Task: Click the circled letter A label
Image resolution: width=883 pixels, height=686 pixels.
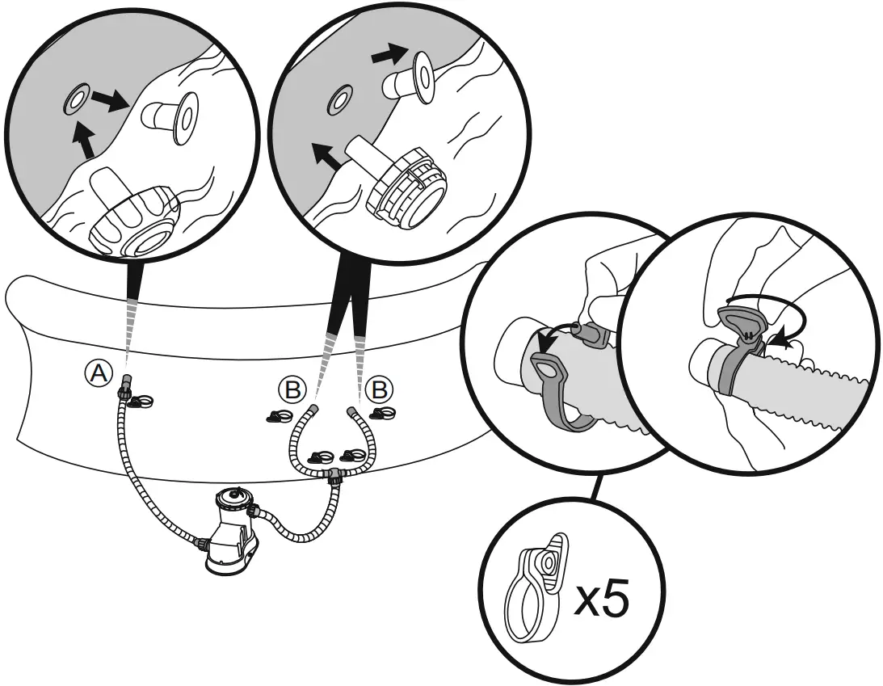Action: [x=98, y=372]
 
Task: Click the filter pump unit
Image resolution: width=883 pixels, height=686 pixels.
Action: [x=233, y=532]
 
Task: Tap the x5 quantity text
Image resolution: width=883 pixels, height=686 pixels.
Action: [x=601, y=600]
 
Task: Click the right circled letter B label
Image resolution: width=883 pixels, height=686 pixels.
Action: [x=376, y=391]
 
